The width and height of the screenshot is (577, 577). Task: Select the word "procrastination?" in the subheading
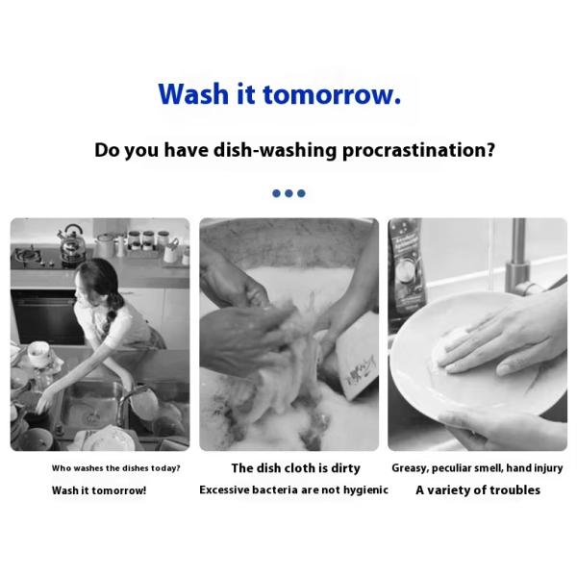tap(418, 151)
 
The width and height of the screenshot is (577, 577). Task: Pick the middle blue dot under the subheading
tap(288, 193)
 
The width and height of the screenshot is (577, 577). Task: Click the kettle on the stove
tap(70, 242)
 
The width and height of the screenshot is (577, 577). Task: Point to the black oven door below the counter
tap(43, 317)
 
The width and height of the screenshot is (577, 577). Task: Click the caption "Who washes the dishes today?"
tap(115, 468)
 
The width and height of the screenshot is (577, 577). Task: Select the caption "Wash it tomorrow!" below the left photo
tap(99, 490)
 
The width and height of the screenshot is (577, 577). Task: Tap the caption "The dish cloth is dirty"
tap(295, 468)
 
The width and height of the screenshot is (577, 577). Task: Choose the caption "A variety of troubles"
tap(478, 490)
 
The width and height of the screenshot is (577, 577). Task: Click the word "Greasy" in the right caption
tap(411, 468)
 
